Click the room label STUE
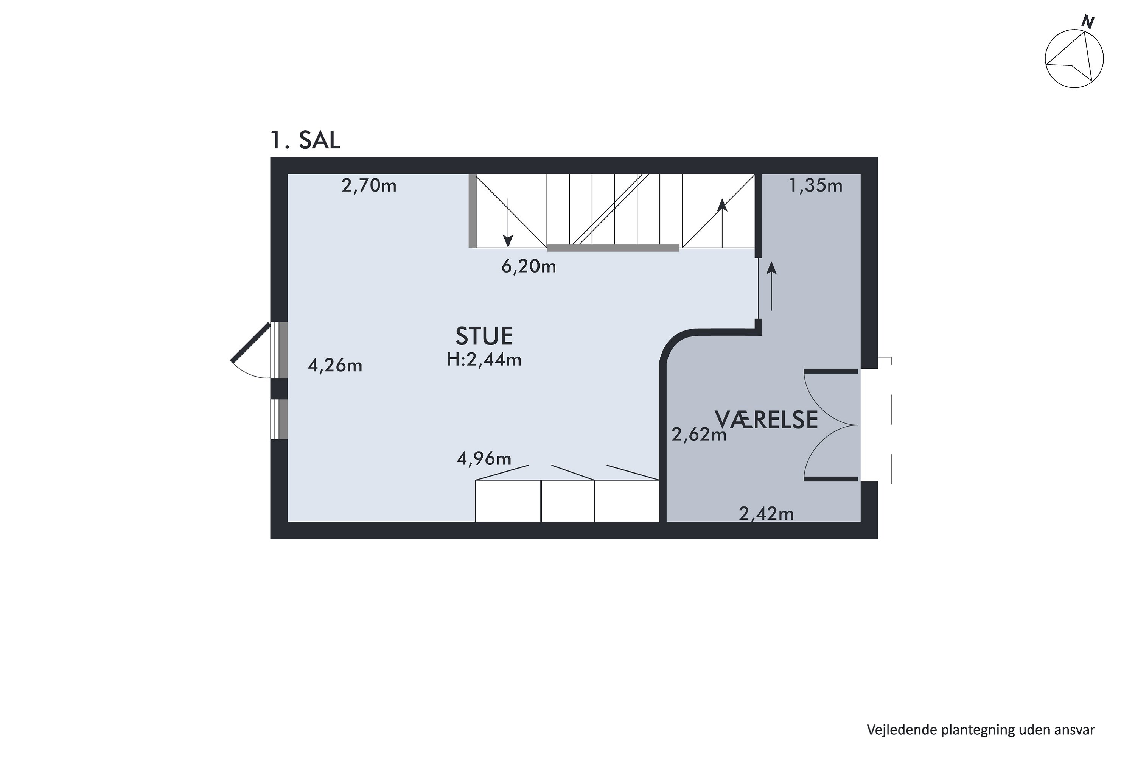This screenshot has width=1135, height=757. [x=484, y=336]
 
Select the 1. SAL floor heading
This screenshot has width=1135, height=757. [x=305, y=140]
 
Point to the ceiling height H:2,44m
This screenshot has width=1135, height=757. [x=484, y=360]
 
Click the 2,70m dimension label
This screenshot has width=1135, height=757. [x=369, y=185]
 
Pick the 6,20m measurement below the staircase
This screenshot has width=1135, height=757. [x=529, y=266]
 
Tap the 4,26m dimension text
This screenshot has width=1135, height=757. [x=335, y=366]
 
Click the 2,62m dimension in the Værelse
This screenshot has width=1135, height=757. [x=699, y=435]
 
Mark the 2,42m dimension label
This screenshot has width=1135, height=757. [x=767, y=514]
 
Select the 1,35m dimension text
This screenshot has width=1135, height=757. [x=816, y=185]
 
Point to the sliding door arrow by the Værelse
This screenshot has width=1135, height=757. [x=772, y=286]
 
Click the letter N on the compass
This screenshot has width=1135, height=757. [x=1087, y=22]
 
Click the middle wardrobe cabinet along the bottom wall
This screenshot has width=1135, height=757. [x=567, y=501]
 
